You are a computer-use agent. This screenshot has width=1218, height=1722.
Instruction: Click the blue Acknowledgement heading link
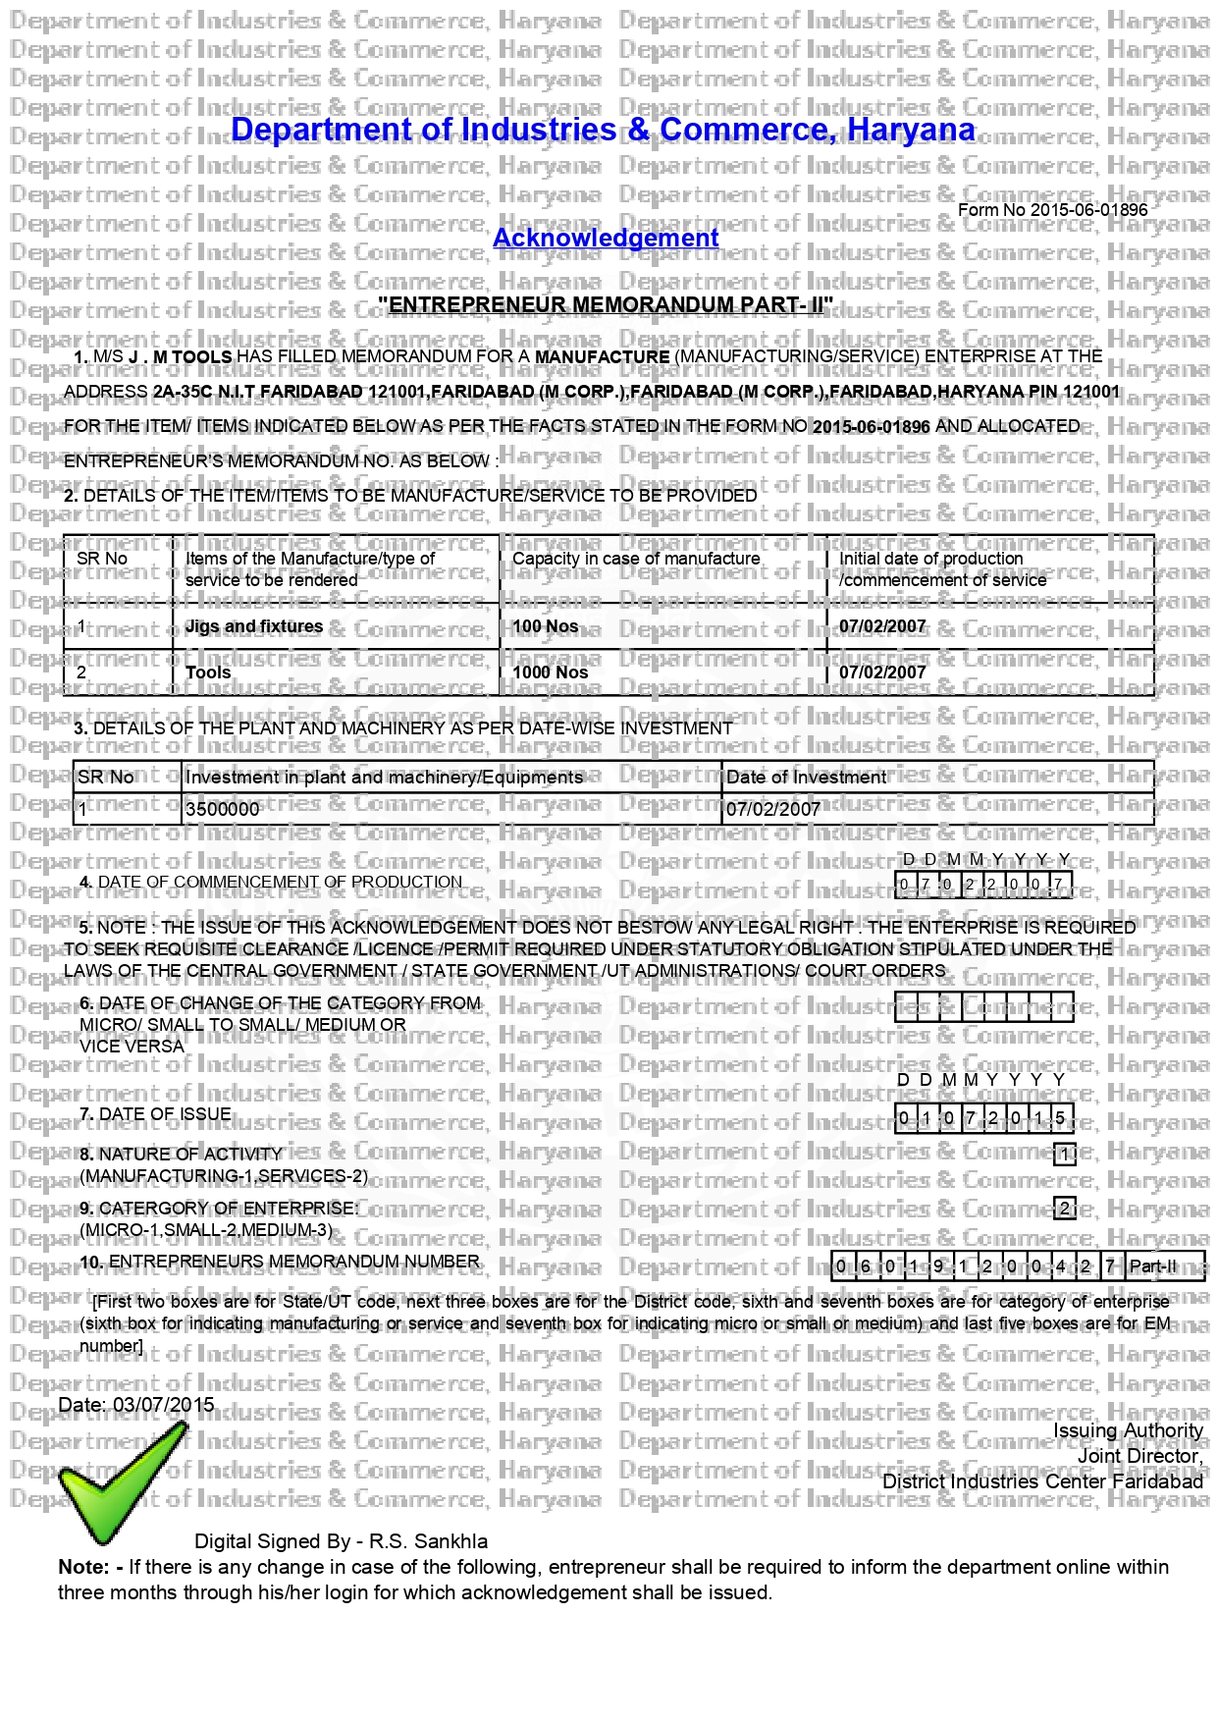(606, 239)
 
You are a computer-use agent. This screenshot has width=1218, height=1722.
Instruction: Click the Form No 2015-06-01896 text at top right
(1052, 210)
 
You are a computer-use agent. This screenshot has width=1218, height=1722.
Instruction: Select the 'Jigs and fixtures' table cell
(254, 626)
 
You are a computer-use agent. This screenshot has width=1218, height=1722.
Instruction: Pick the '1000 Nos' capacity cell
(551, 673)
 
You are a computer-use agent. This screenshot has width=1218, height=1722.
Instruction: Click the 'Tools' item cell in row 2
(208, 673)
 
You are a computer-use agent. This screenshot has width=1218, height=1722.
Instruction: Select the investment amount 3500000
(223, 809)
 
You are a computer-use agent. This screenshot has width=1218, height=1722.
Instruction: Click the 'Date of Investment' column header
(806, 778)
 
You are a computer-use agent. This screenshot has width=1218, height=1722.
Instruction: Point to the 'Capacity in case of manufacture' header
(636, 559)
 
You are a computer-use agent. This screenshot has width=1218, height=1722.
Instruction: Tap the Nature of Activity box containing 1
(1065, 1155)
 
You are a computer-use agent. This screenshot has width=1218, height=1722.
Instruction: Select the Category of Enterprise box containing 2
(1065, 1209)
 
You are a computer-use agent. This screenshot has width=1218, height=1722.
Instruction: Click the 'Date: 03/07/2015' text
(136, 1405)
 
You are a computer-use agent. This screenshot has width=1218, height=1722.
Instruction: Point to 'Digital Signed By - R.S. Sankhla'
(341, 1541)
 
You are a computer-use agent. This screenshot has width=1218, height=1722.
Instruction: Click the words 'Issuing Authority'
(1128, 1430)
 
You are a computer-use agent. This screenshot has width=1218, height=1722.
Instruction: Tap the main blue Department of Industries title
(603, 130)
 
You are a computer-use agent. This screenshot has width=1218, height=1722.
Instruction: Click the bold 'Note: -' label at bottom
(90, 1567)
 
